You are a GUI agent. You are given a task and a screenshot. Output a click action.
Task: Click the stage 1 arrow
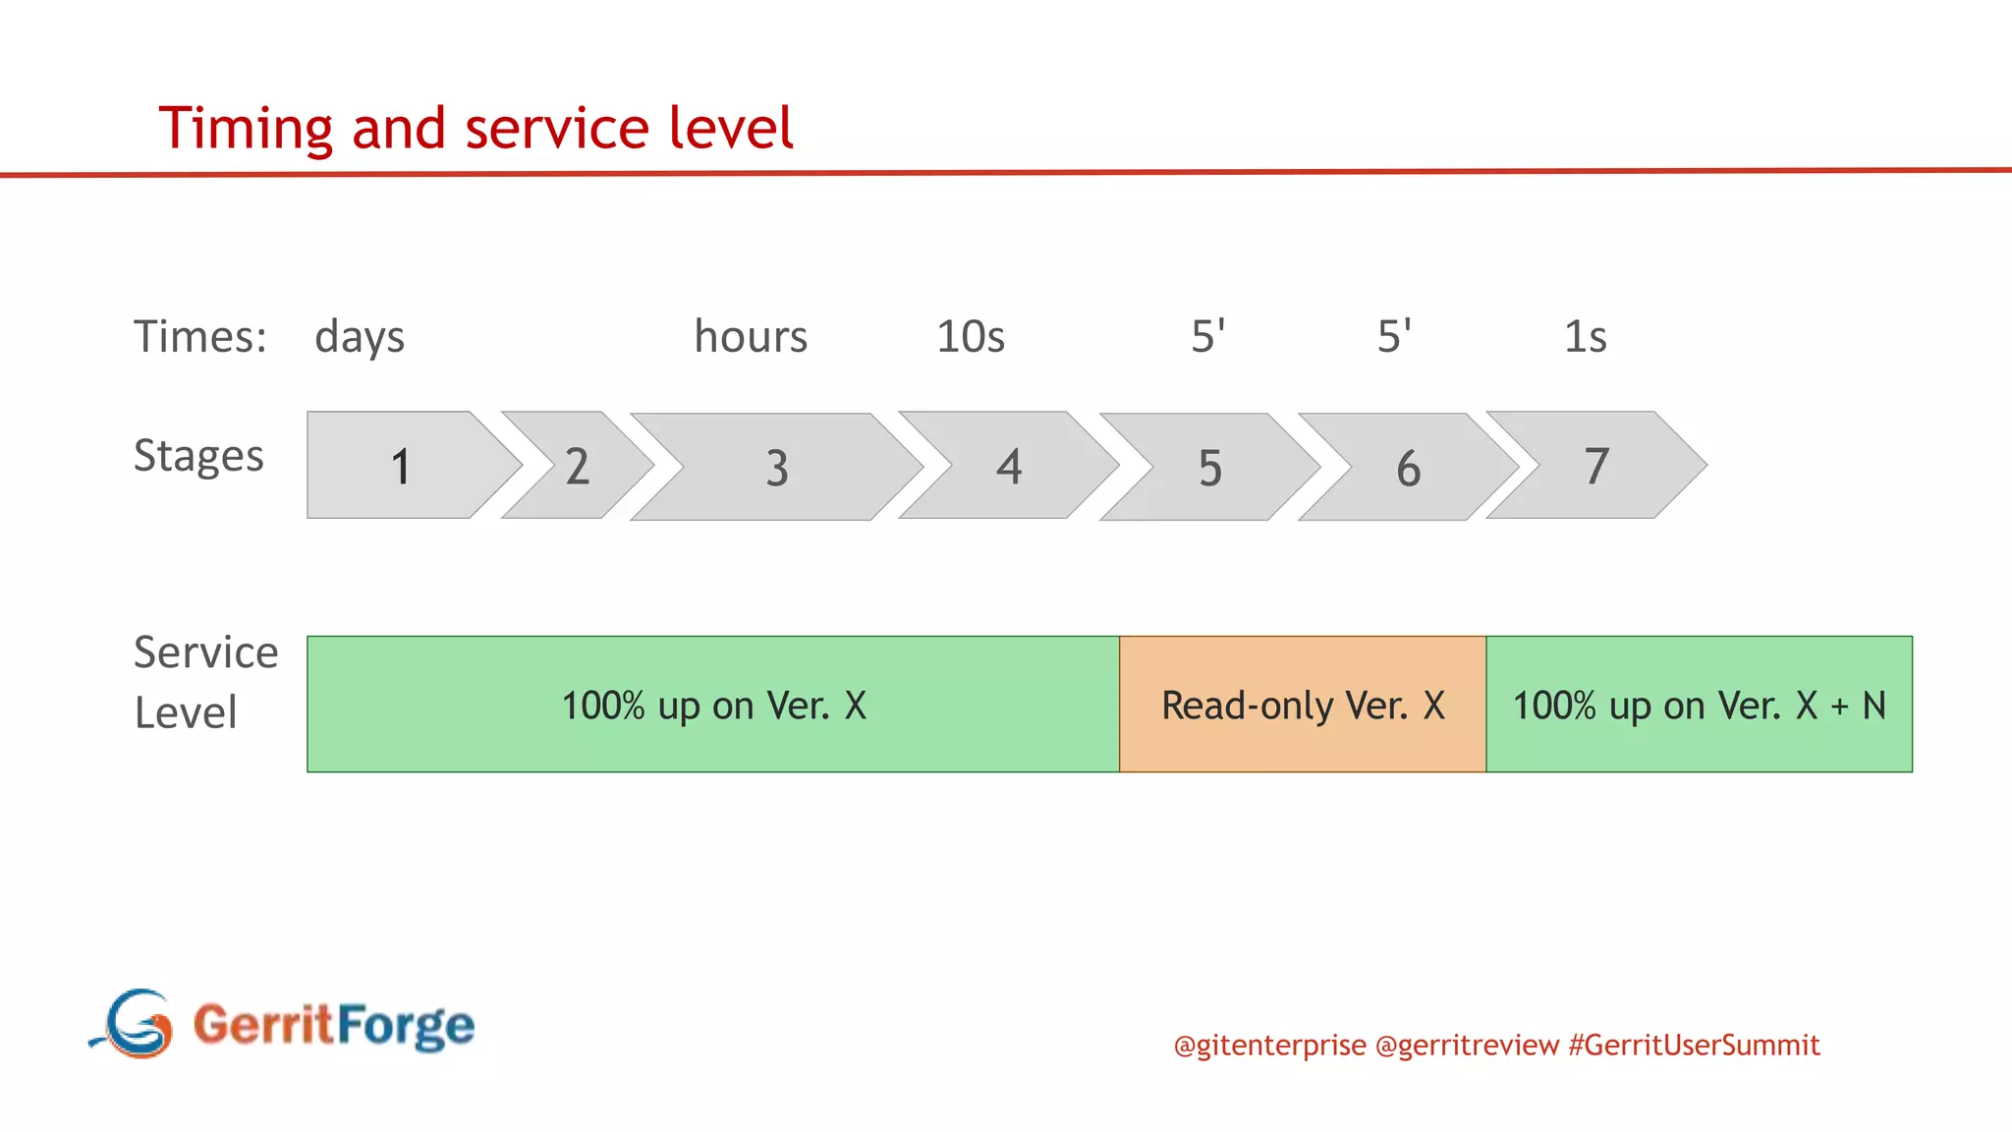pyautogui.click(x=401, y=465)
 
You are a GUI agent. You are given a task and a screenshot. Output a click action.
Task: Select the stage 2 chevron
pyautogui.click(x=577, y=466)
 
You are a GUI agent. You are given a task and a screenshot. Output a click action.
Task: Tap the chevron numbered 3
pyautogui.click(x=776, y=468)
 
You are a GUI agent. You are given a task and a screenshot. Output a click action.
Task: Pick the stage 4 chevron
pyautogui.click(x=1009, y=466)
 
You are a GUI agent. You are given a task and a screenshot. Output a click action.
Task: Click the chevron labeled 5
pyautogui.click(x=1210, y=468)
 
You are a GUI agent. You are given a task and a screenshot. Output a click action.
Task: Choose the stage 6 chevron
pyautogui.click(x=1408, y=468)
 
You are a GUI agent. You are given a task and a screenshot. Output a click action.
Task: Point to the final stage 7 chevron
pyautogui.click(x=1596, y=466)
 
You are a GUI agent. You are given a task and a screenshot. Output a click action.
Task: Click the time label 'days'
pyautogui.click(x=360, y=337)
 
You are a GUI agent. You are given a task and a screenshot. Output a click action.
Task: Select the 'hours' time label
pyautogui.click(x=751, y=337)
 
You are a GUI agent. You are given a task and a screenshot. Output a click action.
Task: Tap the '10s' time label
pyautogui.click(x=971, y=337)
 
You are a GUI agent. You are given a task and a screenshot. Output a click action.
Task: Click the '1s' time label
pyautogui.click(x=1585, y=337)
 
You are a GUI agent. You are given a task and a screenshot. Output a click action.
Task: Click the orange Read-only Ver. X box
pyautogui.click(x=1303, y=705)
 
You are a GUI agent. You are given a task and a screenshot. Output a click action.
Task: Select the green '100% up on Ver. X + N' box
pyautogui.click(x=1699, y=705)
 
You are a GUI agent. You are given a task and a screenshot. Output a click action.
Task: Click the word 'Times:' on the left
pyautogui.click(x=200, y=337)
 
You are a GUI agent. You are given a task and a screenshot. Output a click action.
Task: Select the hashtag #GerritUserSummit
pyautogui.click(x=1694, y=1045)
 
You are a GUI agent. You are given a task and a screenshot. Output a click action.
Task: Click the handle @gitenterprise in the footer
pyautogui.click(x=1269, y=1045)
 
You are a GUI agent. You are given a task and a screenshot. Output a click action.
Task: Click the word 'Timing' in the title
pyautogui.click(x=246, y=129)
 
